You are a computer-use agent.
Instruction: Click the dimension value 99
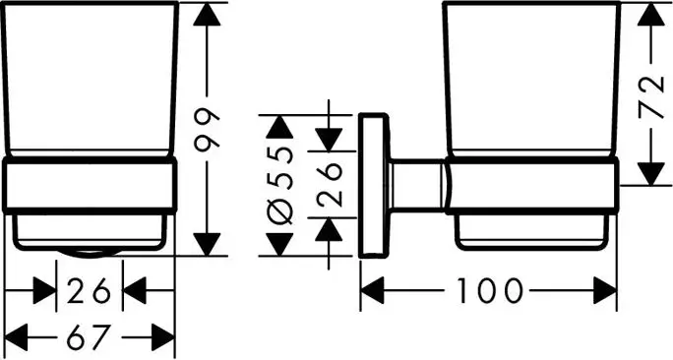click(x=207, y=129)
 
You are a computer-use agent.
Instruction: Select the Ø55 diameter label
click(x=279, y=185)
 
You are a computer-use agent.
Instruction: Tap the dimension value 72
click(x=650, y=97)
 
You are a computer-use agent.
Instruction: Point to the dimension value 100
click(x=489, y=290)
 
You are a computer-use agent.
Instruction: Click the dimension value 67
click(x=90, y=337)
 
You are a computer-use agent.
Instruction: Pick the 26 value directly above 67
click(x=90, y=290)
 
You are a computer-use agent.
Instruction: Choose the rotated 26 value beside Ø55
click(x=330, y=185)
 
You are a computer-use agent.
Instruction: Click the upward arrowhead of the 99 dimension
click(x=207, y=14)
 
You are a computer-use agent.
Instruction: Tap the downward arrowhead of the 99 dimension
click(x=207, y=244)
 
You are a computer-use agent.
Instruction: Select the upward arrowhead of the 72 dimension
click(x=650, y=14)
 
